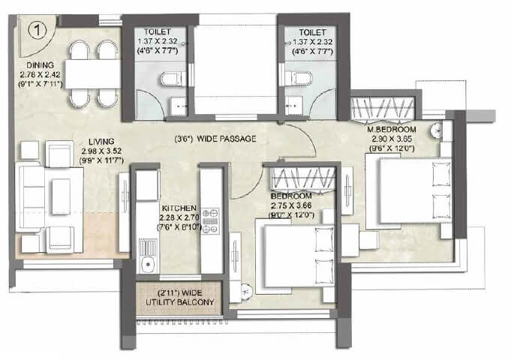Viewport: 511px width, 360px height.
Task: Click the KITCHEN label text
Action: pos(179,206)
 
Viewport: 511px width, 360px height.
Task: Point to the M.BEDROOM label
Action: pos(391,128)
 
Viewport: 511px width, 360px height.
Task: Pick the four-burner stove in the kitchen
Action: pos(210,220)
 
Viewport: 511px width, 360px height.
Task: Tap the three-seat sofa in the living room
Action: pos(35,198)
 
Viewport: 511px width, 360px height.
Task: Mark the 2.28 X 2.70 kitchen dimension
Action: pos(179,216)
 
